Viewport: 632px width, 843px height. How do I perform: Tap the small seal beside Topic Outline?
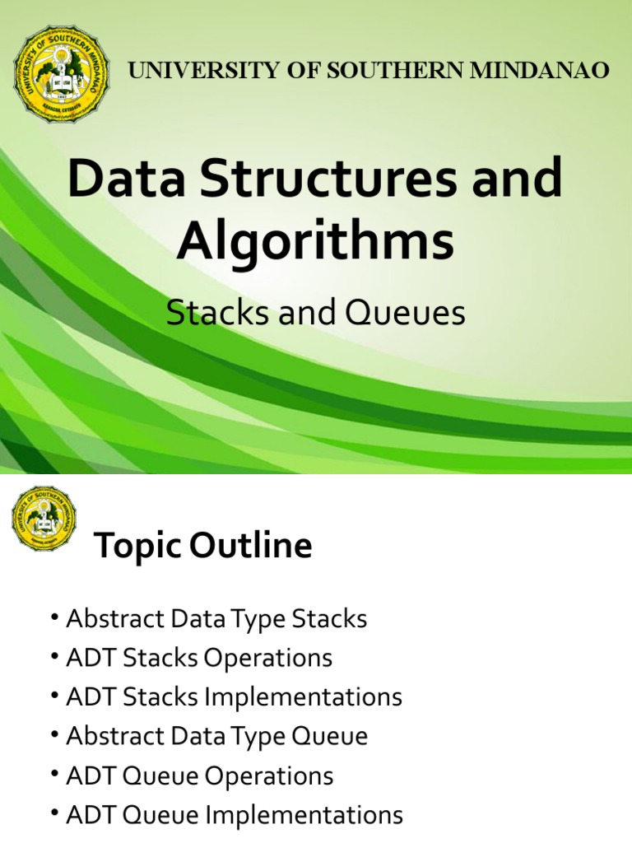tap(44, 519)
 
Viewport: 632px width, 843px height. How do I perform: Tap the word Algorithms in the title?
tap(315, 242)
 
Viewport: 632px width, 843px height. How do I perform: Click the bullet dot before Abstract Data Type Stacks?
tap(53, 619)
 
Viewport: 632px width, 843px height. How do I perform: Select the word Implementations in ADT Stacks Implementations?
tap(303, 697)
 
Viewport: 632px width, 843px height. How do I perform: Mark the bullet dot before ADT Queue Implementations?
tap(53, 815)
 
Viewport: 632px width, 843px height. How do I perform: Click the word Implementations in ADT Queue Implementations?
tap(304, 815)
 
